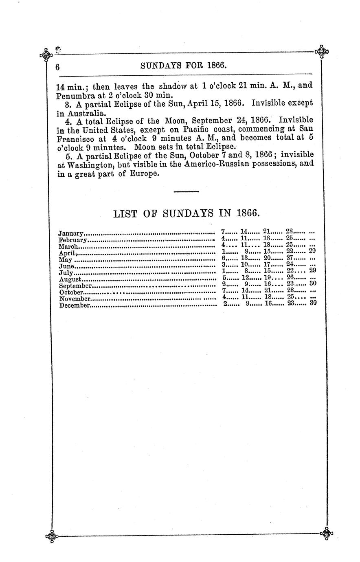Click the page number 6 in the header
tap(58, 67)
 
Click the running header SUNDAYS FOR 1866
tap(183, 66)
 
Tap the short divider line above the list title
tap(186, 191)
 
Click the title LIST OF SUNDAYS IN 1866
tap(186, 213)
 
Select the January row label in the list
tap(71, 234)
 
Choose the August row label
tap(71, 279)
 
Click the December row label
tap(74, 305)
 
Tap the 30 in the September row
tap(312, 283)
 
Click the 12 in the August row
tap(245, 277)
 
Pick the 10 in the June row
tap(245, 264)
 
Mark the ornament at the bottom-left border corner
tap(50, 536)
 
